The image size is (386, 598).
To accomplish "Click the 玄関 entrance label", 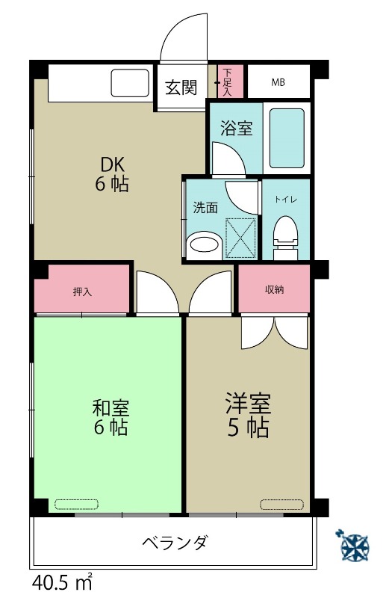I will [181, 87].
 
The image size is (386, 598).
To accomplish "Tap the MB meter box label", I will [278, 82].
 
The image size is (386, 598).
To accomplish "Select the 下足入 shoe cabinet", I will [228, 82].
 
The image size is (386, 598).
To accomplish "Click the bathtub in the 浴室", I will [286, 138].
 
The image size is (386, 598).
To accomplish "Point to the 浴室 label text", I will [236, 129].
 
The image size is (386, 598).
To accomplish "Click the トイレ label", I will [285, 200].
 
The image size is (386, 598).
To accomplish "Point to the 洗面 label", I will [205, 208].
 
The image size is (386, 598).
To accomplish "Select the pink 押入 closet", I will [82, 291].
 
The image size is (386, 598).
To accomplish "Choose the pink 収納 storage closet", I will [274, 289].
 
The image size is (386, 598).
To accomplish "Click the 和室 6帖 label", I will [111, 418].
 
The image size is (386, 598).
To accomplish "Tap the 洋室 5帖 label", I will [247, 416].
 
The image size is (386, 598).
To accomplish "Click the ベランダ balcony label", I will [175, 543].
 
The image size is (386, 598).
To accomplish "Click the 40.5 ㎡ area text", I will [62, 581].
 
